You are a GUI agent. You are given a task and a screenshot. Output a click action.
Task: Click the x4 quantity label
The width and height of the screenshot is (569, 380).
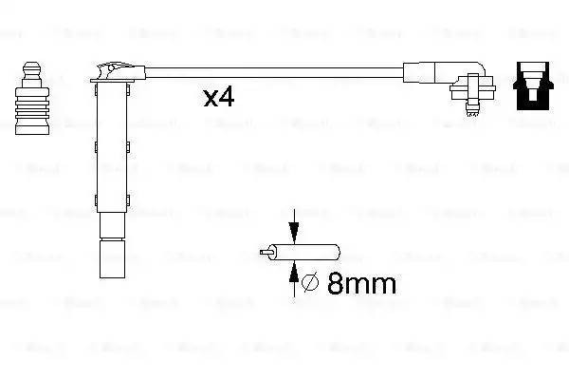(218, 97)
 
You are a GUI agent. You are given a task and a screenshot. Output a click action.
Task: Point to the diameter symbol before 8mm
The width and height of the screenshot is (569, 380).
(308, 282)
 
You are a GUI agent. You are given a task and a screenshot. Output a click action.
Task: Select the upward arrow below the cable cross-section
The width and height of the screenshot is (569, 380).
(294, 272)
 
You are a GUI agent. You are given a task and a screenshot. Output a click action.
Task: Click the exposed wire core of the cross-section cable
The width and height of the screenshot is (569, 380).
(267, 254)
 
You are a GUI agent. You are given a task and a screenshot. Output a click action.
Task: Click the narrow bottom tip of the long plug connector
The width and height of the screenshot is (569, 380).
(111, 261)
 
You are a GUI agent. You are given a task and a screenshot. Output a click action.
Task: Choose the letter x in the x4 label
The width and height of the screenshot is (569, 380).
(210, 99)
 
